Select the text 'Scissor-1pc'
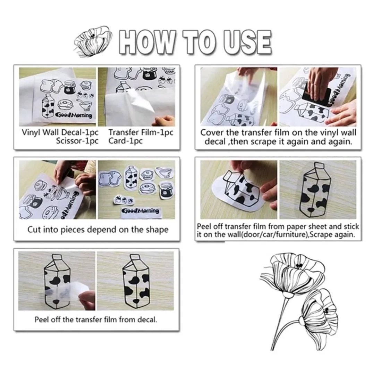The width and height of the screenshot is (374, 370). (x=77, y=141)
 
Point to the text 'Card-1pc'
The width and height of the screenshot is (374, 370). (x=126, y=141)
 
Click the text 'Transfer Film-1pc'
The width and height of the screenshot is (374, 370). (x=141, y=132)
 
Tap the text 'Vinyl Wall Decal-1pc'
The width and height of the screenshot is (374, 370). (x=60, y=132)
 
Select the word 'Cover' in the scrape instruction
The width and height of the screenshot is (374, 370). (x=211, y=132)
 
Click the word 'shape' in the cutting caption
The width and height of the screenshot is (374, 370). (x=157, y=230)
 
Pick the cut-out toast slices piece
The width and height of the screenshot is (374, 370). (x=110, y=178)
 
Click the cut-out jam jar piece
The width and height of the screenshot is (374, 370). (x=166, y=190)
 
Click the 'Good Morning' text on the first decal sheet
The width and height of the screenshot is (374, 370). (x=74, y=115)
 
